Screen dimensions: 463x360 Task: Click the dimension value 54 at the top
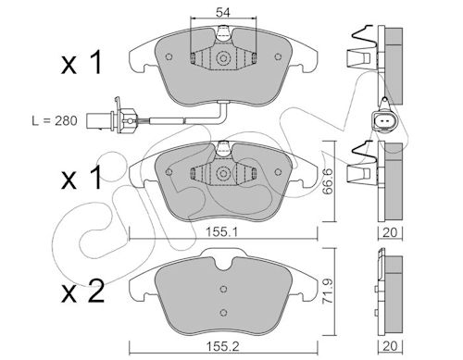tap(223, 13)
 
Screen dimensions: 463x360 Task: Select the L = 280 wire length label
tap(55, 120)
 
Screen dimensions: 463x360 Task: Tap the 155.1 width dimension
tap(222, 232)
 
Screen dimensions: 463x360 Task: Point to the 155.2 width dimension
tap(222, 347)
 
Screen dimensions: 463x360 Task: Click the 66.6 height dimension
tap(327, 181)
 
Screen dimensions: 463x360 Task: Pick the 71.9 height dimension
tap(327, 292)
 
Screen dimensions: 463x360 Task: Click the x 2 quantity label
tap(82, 292)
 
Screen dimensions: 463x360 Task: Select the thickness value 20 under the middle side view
tap(390, 232)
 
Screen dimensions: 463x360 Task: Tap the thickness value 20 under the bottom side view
tap(390, 346)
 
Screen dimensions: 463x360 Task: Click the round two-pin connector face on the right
tap(385, 121)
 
